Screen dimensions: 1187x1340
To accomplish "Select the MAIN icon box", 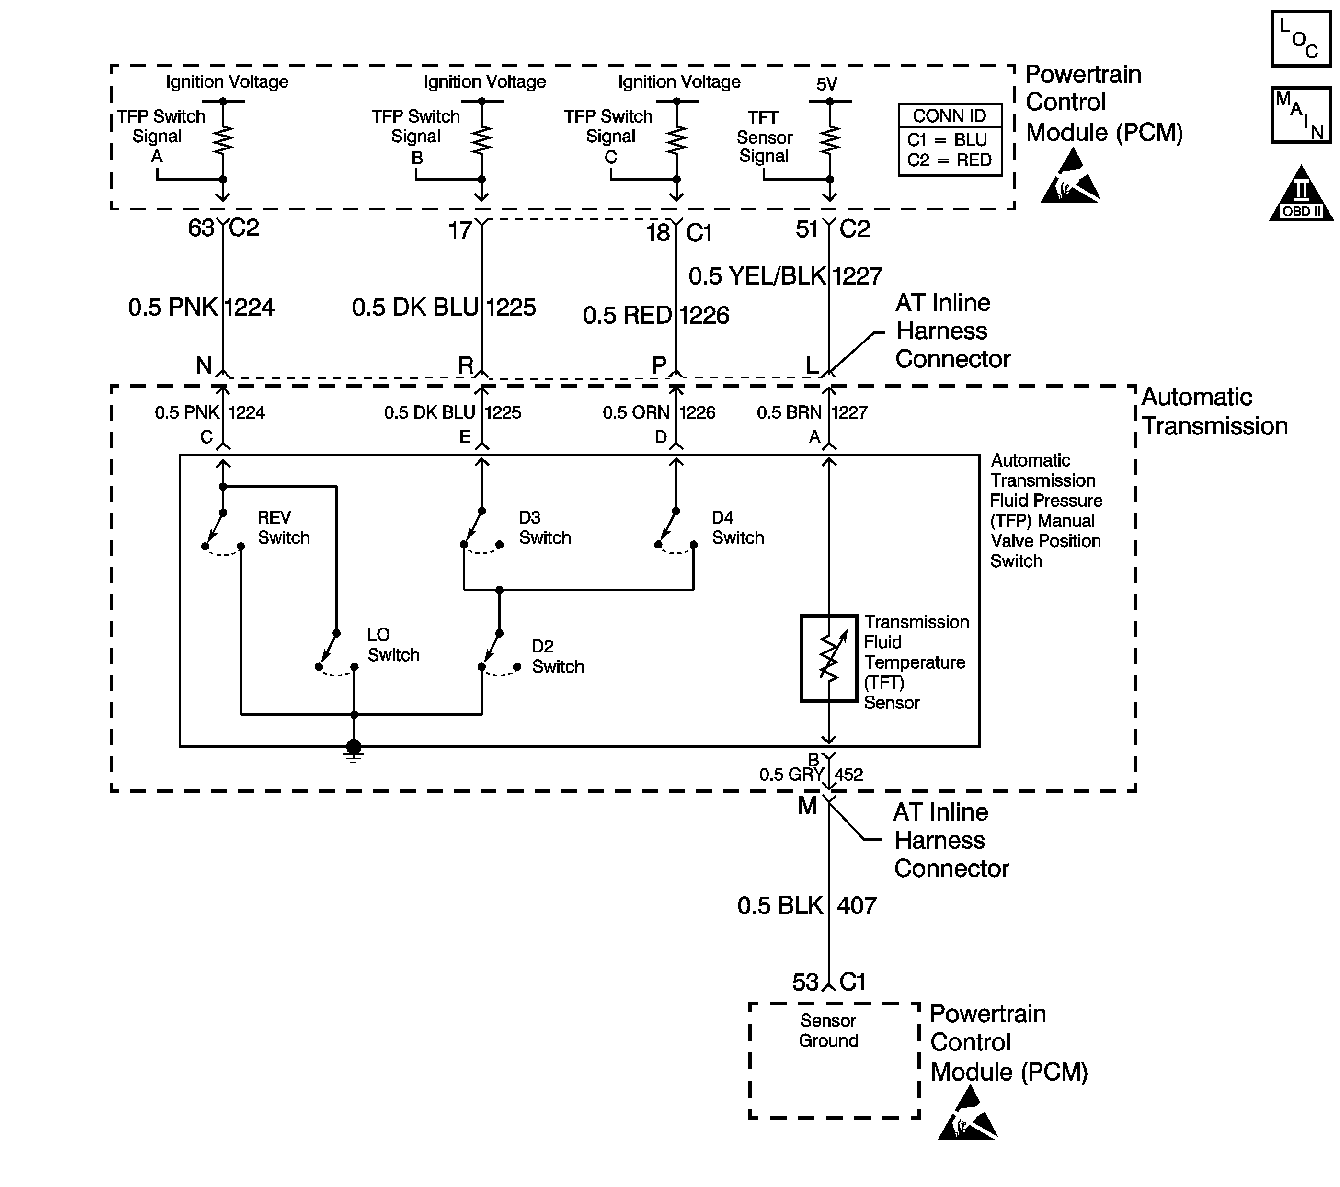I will point(1301,114).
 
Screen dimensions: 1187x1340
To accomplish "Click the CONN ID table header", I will point(949,116).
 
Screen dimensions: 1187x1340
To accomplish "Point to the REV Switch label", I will point(283,527).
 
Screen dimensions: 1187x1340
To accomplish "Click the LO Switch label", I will point(393,645).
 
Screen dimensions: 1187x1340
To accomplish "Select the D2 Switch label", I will point(557,656).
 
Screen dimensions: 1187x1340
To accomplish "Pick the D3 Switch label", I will point(544,527).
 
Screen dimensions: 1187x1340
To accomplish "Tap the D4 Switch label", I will point(737,527).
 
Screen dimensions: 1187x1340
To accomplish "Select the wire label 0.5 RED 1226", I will point(655,315).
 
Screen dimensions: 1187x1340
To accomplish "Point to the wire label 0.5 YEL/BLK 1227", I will point(785,276).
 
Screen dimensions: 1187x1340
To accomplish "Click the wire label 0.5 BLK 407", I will point(806,906).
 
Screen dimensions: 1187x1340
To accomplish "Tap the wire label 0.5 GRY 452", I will point(811,775).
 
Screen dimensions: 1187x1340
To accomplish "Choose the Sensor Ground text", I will point(828,1030).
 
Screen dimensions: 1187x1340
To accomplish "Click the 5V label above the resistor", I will point(827,84).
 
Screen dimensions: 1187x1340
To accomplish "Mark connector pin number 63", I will point(201,228).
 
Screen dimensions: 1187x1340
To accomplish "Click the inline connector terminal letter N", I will point(204,365).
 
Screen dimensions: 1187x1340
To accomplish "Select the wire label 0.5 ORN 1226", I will point(658,413).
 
